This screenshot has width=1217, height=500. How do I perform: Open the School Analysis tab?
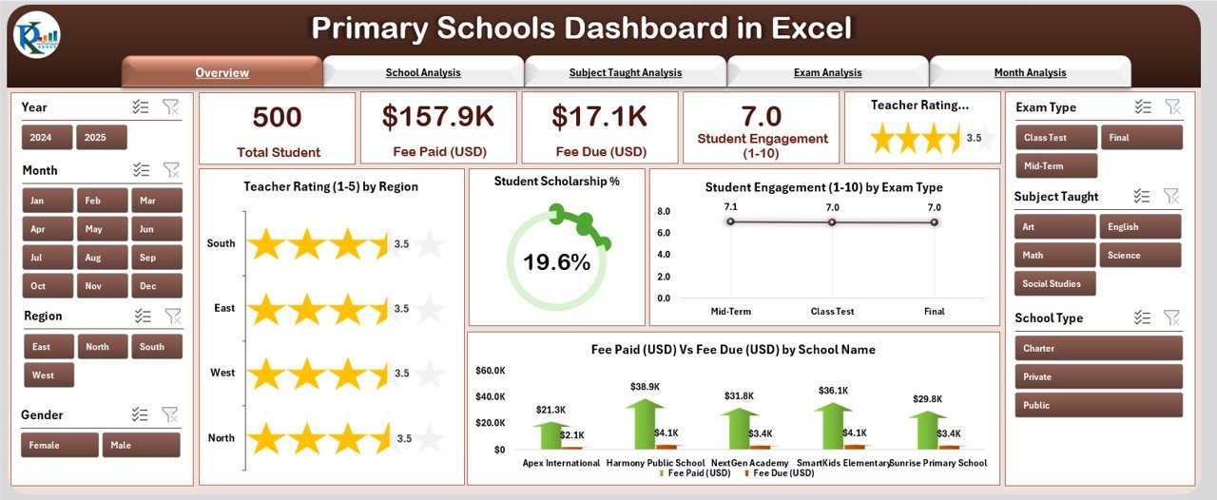(423, 72)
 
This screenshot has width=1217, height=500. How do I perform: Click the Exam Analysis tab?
(827, 72)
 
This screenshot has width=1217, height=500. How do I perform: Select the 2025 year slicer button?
(102, 138)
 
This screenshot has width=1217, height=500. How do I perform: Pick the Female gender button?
(60, 445)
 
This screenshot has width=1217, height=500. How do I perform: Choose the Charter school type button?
(1098, 349)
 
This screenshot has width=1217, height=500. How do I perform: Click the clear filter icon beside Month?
(171, 170)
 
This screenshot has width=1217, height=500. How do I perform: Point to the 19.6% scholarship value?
(556, 262)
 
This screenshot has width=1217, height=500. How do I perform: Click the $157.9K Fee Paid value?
(438, 116)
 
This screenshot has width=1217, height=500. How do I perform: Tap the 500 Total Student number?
(277, 117)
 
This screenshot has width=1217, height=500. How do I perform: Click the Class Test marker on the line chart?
(832, 221)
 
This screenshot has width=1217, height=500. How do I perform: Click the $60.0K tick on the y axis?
(491, 370)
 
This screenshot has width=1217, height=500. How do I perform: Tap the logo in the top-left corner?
(36, 36)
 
